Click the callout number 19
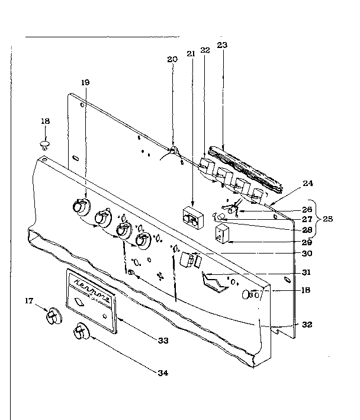click(86, 82)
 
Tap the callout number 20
click(172, 59)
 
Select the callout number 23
click(222, 44)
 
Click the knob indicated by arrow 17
click(53, 317)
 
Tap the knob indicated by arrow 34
click(79, 334)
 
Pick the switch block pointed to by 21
click(191, 217)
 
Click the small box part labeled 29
click(223, 234)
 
